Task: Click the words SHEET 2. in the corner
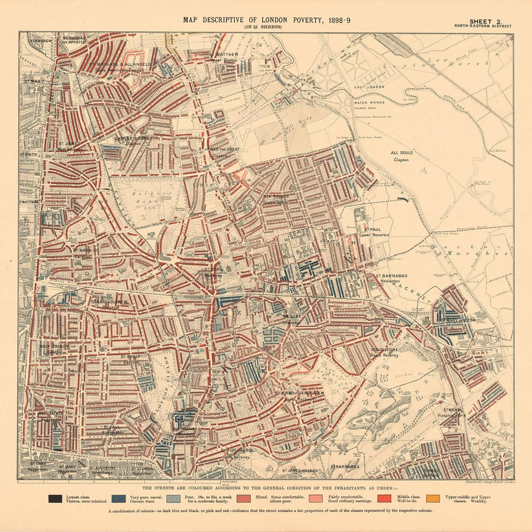click(x=483, y=20)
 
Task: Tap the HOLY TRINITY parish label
click(x=51, y=348)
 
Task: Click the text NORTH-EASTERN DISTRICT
click(x=483, y=26)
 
